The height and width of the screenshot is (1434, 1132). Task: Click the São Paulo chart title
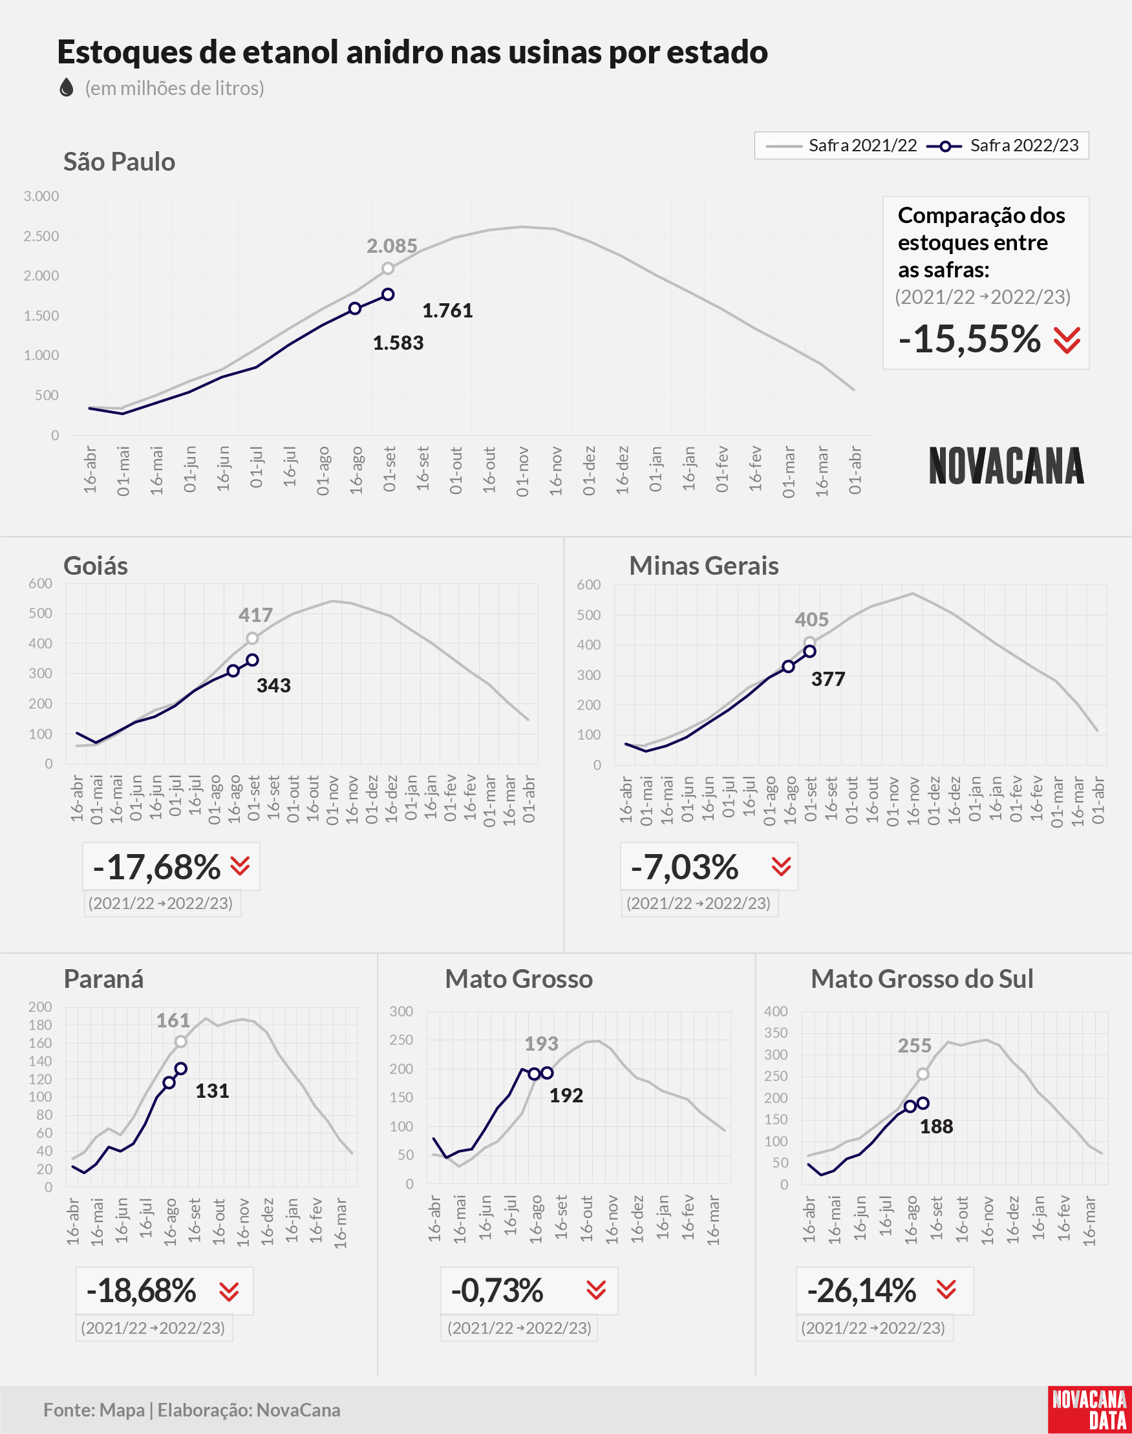tap(120, 162)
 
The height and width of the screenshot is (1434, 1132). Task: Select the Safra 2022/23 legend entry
tap(1002, 145)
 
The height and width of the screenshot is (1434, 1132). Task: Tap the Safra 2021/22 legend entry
tap(841, 145)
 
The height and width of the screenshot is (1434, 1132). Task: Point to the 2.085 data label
tap(392, 246)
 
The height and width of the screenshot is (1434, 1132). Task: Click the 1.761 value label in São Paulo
tap(447, 310)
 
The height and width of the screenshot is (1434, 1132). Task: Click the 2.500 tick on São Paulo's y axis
tap(41, 236)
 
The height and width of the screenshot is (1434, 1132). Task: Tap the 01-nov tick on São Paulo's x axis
tap(522, 471)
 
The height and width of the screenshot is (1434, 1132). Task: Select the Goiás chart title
tap(96, 566)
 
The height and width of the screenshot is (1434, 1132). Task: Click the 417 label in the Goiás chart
tap(255, 615)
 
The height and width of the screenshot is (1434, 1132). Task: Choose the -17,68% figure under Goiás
tap(156, 867)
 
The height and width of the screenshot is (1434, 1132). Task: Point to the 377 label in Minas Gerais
tap(828, 679)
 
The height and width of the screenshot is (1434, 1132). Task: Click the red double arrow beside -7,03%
tap(782, 866)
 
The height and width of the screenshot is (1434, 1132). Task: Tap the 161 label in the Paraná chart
tap(173, 1020)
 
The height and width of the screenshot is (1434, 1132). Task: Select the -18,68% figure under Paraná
tap(141, 1290)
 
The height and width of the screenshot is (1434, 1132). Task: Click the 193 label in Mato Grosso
tap(542, 1043)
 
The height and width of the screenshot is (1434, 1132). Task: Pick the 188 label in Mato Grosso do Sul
tap(936, 1126)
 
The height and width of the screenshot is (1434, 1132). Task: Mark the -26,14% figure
tap(862, 1290)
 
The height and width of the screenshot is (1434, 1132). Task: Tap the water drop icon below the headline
tap(67, 87)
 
